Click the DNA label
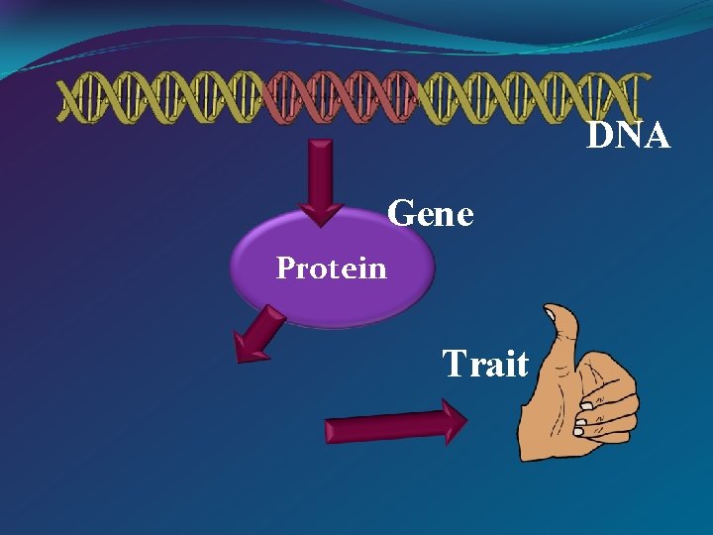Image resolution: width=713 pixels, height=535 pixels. coord(629,136)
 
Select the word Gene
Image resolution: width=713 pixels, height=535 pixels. coord(431,213)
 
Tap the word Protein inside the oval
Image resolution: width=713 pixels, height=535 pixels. coord(332,267)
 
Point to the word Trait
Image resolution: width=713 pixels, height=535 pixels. coord(485,364)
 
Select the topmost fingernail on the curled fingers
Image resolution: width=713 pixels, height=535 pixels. coord(585,405)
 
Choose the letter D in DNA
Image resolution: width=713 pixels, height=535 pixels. coord(600,136)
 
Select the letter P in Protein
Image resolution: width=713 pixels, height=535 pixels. coord(285,267)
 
